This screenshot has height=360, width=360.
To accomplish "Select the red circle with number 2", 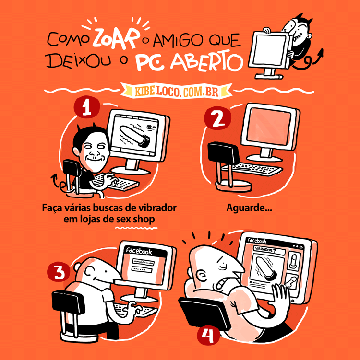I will [217, 119].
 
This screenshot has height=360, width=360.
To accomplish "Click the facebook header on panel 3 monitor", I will [138, 251].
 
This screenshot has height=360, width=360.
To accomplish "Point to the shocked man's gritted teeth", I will [225, 283].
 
